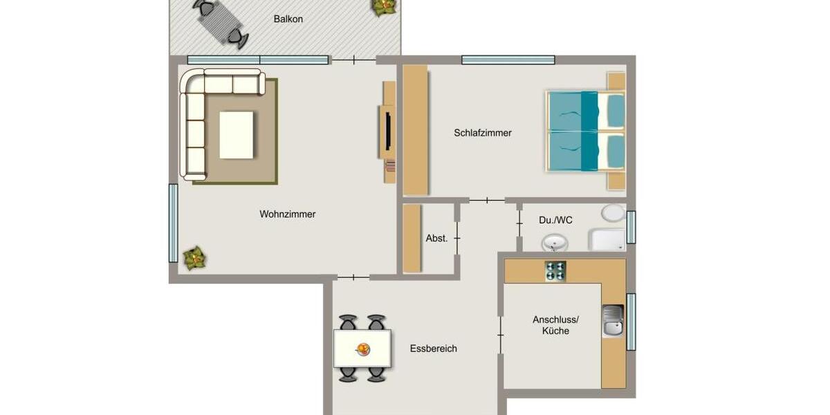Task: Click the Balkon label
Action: tap(288, 19)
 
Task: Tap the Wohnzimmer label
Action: tap(288, 214)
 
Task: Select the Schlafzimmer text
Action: tap(483, 133)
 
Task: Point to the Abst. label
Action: tap(436, 238)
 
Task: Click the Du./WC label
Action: tap(555, 220)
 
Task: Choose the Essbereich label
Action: tap(433, 349)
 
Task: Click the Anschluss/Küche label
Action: tap(555, 325)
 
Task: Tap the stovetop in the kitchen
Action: tap(555, 271)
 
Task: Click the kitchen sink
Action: tap(613, 321)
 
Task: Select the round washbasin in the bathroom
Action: tap(555, 243)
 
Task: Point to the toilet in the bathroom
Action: tap(612, 213)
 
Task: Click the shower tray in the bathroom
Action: tap(607, 240)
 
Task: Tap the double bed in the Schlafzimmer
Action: tap(585, 131)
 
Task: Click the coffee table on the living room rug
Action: tap(237, 135)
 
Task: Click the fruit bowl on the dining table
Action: tap(362, 349)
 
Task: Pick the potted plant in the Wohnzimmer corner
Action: tap(195, 258)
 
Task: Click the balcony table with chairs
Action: tap(219, 22)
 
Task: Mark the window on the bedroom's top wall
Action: tap(508, 60)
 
